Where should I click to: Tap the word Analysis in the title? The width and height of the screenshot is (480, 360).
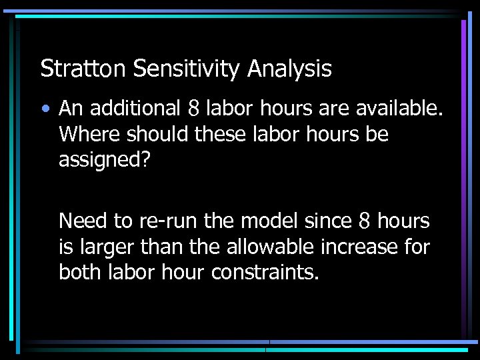coord(289,69)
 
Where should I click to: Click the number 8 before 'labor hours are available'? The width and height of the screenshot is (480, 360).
coord(194,107)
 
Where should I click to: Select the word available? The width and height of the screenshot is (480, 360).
coord(403,107)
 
